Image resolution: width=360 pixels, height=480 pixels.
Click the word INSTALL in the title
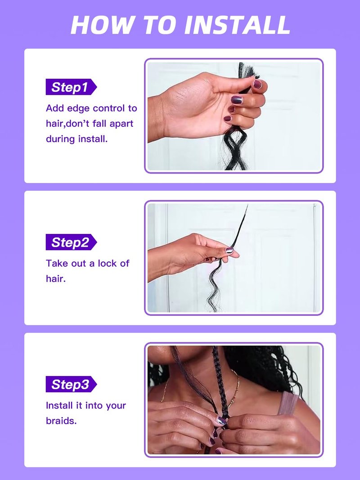(x=237, y=25)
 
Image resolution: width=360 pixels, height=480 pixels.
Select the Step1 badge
(x=71, y=87)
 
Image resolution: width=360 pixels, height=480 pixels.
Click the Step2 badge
(x=71, y=242)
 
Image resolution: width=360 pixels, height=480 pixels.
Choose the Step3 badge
(x=71, y=385)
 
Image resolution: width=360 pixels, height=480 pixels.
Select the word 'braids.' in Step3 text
(x=61, y=421)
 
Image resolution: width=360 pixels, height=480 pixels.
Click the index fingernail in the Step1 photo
(x=257, y=84)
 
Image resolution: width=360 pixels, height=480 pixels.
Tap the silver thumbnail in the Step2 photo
(x=229, y=251)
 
